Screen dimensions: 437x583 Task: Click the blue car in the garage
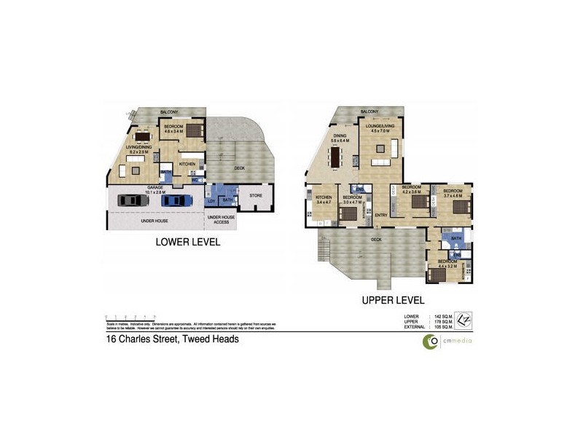[174, 200]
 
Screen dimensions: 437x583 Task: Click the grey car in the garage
[131, 200]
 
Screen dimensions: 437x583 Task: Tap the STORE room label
[255, 195]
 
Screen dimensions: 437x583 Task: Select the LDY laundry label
[212, 200]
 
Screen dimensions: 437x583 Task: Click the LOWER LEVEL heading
[188, 242]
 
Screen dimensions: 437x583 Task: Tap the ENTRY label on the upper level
[381, 215]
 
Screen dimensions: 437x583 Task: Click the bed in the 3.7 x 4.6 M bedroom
[461, 206]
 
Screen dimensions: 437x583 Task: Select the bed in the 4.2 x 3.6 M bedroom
[419, 203]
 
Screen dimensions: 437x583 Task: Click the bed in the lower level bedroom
[194, 132]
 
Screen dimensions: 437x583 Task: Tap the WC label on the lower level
[195, 180]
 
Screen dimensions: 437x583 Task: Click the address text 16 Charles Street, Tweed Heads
[173, 339]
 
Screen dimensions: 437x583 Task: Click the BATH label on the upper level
[456, 238]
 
